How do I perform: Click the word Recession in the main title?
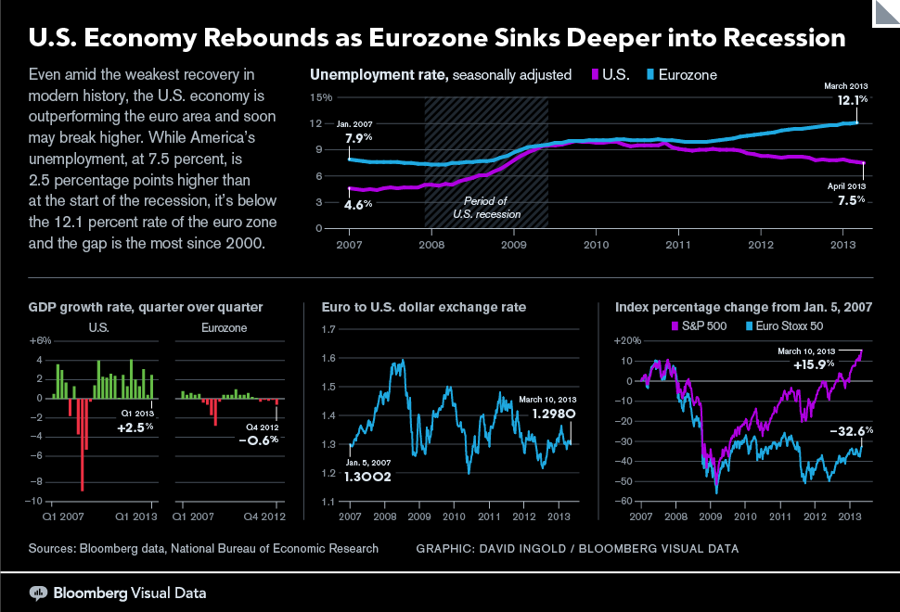pyautogui.click(x=784, y=38)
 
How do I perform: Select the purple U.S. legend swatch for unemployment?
pyautogui.click(x=596, y=74)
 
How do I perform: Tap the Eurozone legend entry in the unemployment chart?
pyautogui.click(x=682, y=74)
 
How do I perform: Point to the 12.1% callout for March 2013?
pyautogui.click(x=853, y=100)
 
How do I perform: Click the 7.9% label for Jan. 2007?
pyautogui.click(x=359, y=138)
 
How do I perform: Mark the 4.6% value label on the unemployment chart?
pyautogui.click(x=358, y=204)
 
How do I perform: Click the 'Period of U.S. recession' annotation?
pyautogui.click(x=486, y=208)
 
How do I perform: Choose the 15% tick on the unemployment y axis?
pyautogui.click(x=321, y=97)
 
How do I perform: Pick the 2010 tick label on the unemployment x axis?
pyautogui.click(x=597, y=245)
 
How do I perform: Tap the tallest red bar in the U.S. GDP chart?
pyautogui.click(x=82, y=444)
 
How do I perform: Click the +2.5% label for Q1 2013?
pyautogui.click(x=135, y=427)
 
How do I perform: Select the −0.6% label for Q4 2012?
pyautogui.click(x=259, y=440)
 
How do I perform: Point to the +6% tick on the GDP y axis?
pyautogui.click(x=40, y=340)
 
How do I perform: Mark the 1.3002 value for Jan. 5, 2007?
pyautogui.click(x=367, y=478)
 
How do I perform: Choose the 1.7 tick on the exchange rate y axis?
pyautogui.click(x=328, y=329)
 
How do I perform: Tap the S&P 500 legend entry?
pyautogui.click(x=699, y=326)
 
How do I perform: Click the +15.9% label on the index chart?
pyautogui.click(x=814, y=364)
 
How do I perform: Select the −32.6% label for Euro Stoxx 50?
pyautogui.click(x=852, y=431)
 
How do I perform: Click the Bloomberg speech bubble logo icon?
pyautogui.click(x=38, y=593)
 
